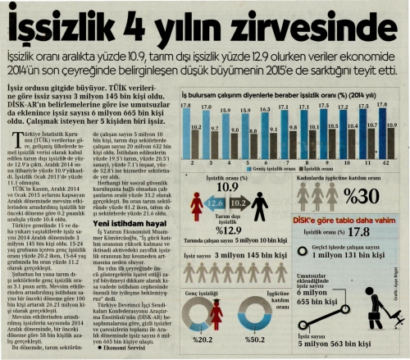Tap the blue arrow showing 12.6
coord(215,202)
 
